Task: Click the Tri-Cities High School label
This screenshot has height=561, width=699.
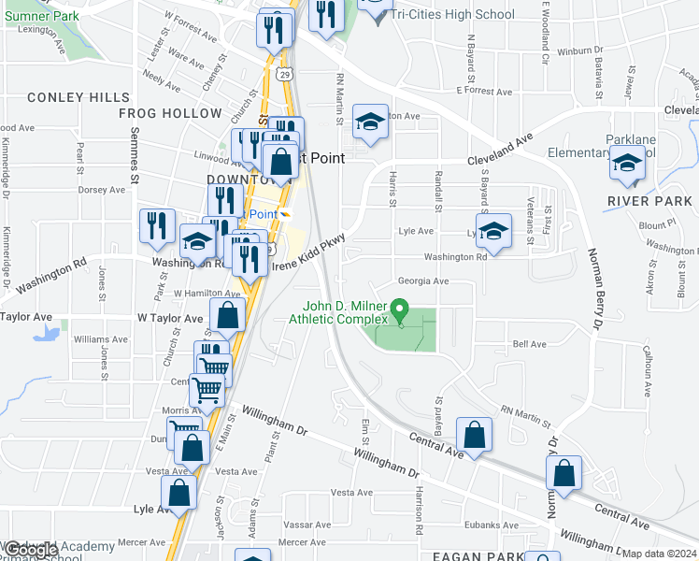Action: [452, 14]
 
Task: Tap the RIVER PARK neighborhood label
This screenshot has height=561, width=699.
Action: [649, 201]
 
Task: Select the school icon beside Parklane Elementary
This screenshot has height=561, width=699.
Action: [627, 164]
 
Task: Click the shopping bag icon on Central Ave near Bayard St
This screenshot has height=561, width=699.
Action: [475, 435]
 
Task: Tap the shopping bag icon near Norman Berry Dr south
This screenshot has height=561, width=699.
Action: [564, 473]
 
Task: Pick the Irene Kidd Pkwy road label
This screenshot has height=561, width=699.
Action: [308, 253]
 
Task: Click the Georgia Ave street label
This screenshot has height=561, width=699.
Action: [423, 280]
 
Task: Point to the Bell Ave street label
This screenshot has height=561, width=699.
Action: [530, 344]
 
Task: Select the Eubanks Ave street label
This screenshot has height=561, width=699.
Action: [491, 525]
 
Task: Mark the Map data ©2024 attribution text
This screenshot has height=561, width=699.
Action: [660, 554]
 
